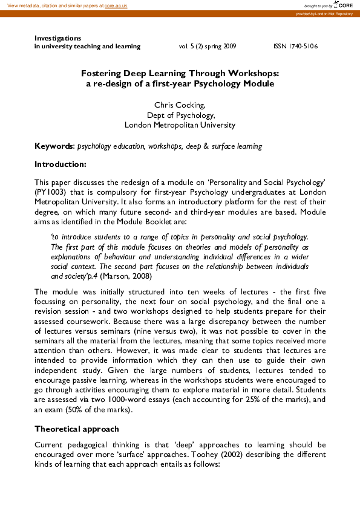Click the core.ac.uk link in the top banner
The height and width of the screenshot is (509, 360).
[116, 5]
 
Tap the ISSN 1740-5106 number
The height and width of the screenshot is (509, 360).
[296, 46]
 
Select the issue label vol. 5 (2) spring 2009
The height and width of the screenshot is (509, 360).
[208, 46]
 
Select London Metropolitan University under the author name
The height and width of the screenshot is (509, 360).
[180, 125]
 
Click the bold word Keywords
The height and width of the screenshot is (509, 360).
[53, 146]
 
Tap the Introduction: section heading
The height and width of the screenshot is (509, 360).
[61, 164]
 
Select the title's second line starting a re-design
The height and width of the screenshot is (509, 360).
[180, 83]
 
